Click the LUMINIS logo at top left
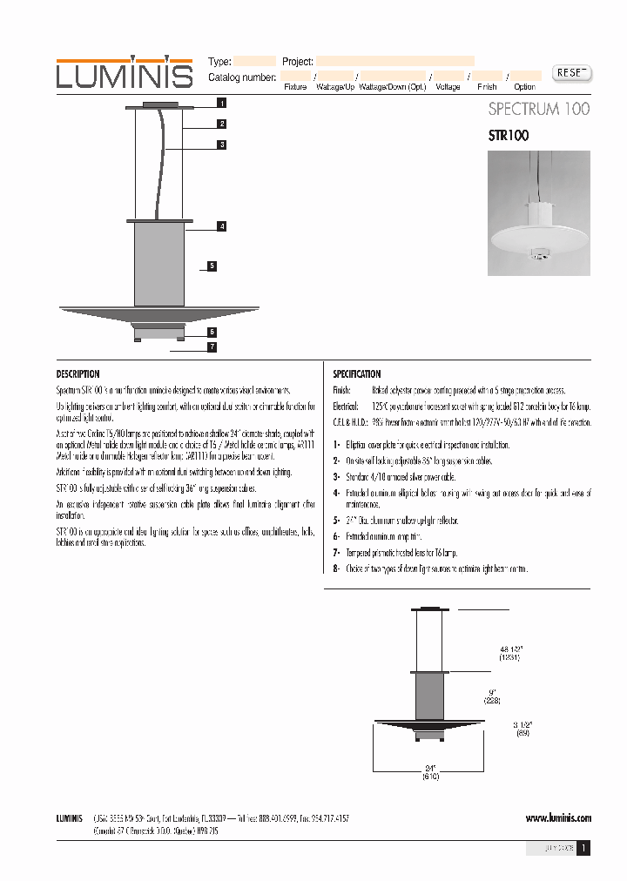[125, 73]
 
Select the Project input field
[394, 62]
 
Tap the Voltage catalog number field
[448, 77]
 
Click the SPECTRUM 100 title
[538, 109]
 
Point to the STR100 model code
[508, 136]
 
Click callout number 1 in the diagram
[222, 103]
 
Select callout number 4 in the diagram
[222, 226]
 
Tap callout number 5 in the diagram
[212, 266]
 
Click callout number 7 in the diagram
[212, 347]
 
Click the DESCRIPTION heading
[78, 374]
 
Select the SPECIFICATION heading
[357, 374]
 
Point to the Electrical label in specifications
[346, 407]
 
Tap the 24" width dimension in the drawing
[429, 768]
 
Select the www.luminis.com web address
[558, 818]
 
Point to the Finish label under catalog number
[487, 87]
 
